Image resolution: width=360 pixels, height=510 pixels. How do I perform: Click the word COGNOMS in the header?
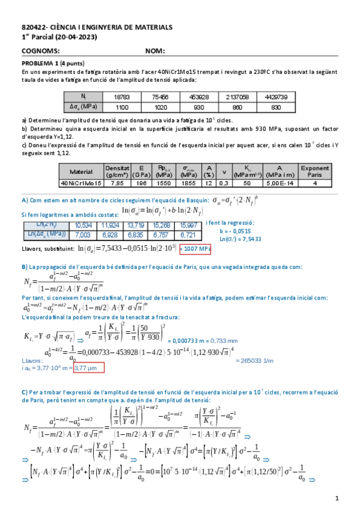tap(40, 51)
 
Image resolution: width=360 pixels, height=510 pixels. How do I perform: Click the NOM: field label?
tap(155, 51)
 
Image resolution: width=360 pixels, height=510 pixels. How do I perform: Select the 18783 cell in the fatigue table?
tap(121, 97)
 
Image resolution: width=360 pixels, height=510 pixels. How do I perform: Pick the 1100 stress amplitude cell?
tap(121, 106)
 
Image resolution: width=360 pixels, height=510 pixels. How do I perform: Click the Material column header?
tap(81, 171)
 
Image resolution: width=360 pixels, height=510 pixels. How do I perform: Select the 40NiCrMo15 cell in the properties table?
tap(81, 182)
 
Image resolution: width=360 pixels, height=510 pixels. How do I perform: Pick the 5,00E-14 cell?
tap(280, 182)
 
